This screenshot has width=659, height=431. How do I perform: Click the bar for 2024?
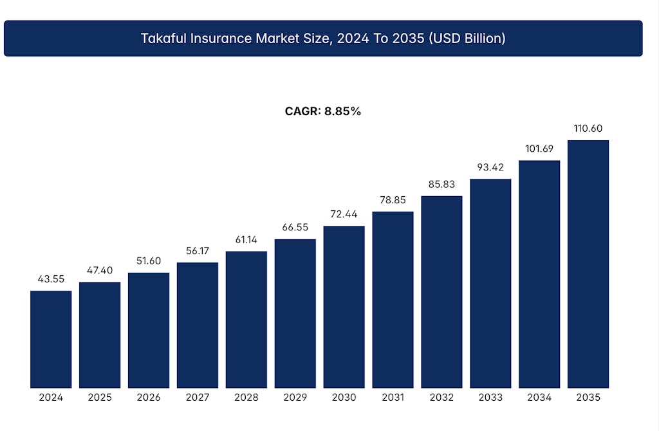(51, 339)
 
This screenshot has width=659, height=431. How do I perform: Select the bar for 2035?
(588, 264)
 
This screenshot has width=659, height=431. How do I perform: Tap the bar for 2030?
(344, 307)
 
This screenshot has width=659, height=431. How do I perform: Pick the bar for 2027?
(198, 325)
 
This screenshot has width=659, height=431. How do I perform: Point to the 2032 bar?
(441, 291)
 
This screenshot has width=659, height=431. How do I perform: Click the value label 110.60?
(588, 129)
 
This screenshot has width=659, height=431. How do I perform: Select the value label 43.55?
(51, 279)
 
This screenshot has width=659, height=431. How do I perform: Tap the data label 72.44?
(344, 214)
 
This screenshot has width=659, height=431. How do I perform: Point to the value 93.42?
(490, 167)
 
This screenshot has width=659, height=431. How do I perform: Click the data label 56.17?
(198, 251)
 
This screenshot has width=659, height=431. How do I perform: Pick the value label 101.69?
(539, 149)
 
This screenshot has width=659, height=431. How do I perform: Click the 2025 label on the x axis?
(100, 398)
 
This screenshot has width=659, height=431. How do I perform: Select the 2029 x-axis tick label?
(295, 398)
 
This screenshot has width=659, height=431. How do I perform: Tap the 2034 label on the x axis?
(539, 398)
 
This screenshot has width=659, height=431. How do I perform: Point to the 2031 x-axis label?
(393, 398)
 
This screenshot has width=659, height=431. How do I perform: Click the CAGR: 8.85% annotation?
(323, 111)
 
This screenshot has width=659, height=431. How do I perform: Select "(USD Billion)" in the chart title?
(464, 39)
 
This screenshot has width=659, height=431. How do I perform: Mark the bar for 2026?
(149, 330)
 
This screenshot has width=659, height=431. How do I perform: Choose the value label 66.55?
(295, 228)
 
